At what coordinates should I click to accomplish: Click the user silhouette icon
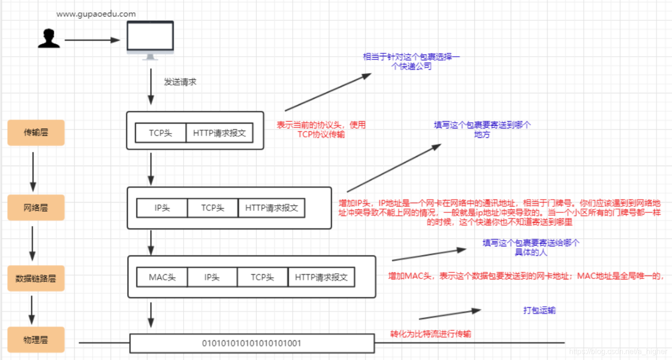coord(49,38)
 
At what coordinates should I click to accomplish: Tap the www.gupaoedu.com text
coord(96,14)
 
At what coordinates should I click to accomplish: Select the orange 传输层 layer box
coord(36,133)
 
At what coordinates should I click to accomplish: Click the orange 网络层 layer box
coord(36,208)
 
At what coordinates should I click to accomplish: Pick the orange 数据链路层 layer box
coord(36,278)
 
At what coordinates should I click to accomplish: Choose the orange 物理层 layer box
coord(36,340)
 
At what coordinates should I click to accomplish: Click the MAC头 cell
coord(162,277)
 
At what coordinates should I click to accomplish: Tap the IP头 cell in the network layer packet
coord(162,208)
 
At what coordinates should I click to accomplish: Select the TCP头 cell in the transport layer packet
coord(160,133)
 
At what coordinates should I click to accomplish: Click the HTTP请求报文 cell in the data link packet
coord(321,277)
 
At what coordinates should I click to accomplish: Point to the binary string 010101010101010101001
coord(252,343)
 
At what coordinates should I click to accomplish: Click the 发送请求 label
coord(180,82)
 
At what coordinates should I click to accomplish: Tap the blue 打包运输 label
coord(539,310)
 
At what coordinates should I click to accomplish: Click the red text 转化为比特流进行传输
coord(430,334)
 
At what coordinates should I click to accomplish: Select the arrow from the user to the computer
coord(92,40)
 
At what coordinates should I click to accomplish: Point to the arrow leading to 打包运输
coord(449,314)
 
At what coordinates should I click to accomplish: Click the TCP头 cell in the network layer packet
coord(212,208)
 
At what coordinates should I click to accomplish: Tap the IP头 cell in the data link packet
coord(212,277)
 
